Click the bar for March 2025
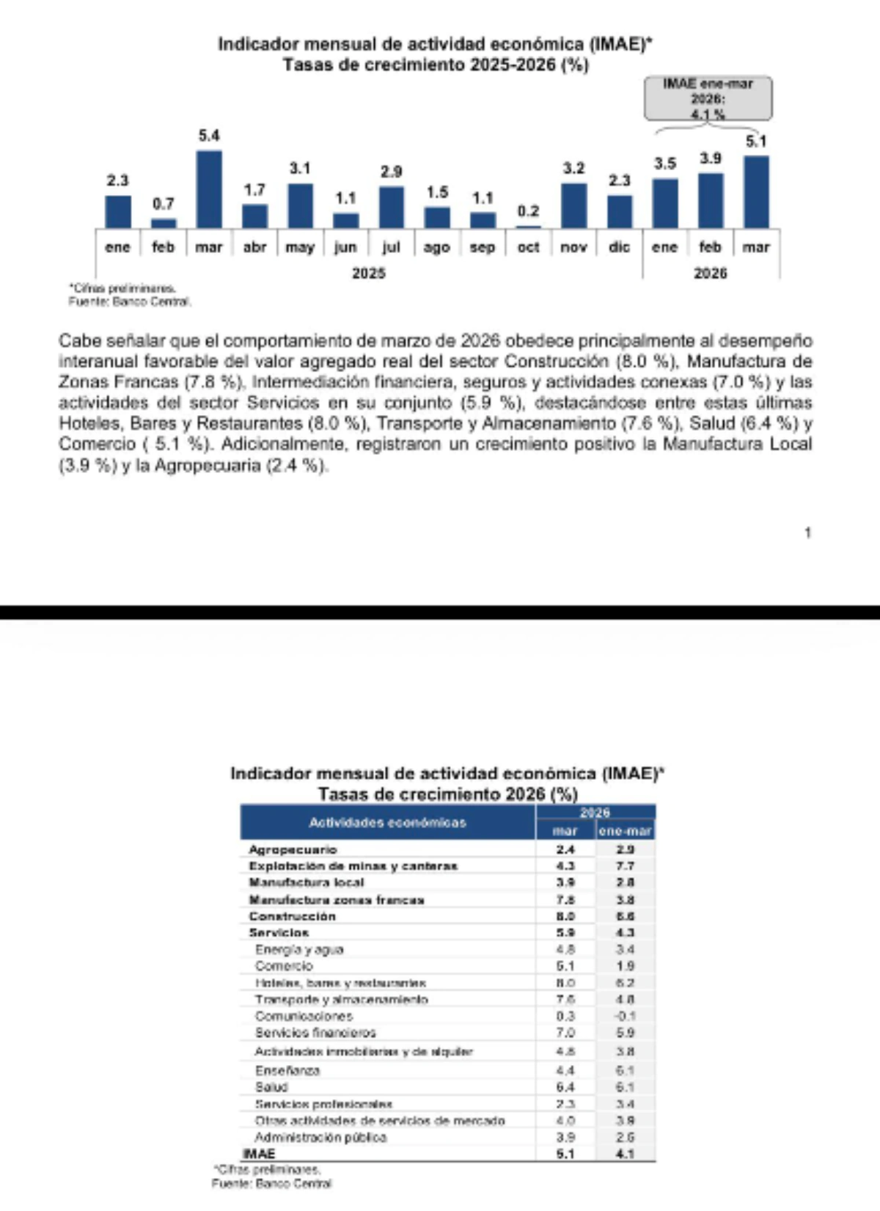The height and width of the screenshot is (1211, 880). pyautogui.click(x=209, y=189)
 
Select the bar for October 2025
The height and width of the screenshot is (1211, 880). pyautogui.click(x=528, y=227)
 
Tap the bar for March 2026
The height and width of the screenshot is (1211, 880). pyautogui.click(x=756, y=191)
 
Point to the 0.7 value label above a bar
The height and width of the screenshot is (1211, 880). pyautogui.click(x=164, y=204)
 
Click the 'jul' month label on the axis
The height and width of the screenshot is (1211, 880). pyautogui.click(x=392, y=247)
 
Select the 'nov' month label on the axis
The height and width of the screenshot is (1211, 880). pyautogui.click(x=573, y=247)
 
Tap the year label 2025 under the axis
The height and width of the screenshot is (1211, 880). pyautogui.click(x=368, y=273)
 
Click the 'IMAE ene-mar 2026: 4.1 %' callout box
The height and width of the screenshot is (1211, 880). pyautogui.click(x=708, y=98)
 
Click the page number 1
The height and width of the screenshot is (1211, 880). pyautogui.click(x=807, y=533)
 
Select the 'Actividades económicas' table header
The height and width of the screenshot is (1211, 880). pyautogui.click(x=387, y=822)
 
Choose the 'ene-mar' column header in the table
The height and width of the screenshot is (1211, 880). pyautogui.click(x=625, y=831)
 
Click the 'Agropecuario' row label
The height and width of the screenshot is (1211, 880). pyautogui.click(x=293, y=849)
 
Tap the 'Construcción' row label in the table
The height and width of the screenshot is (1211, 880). pyautogui.click(x=292, y=916)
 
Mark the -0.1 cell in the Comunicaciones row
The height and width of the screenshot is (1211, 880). pyautogui.click(x=625, y=1016)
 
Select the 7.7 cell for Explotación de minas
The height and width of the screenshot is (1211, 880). pyautogui.click(x=625, y=866)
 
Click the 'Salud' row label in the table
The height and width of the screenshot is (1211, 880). pyautogui.click(x=271, y=1087)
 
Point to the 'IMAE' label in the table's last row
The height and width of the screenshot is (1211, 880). pyautogui.click(x=259, y=1154)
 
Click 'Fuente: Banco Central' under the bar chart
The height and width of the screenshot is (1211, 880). pyautogui.click(x=130, y=301)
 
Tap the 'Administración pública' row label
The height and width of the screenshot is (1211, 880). pyautogui.click(x=320, y=1137)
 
